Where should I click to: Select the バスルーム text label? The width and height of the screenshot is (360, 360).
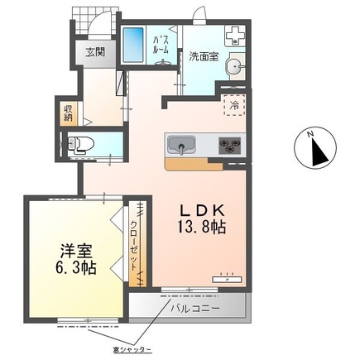(161, 44)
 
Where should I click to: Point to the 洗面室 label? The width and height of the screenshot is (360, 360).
(201, 57)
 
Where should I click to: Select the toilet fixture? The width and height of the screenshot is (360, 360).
(84, 143)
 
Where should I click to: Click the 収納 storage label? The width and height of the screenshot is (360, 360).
(67, 113)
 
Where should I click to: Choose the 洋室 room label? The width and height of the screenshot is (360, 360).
(72, 249)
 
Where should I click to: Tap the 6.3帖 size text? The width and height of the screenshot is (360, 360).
(74, 268)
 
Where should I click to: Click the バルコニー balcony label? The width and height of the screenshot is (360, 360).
(195, 309)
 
